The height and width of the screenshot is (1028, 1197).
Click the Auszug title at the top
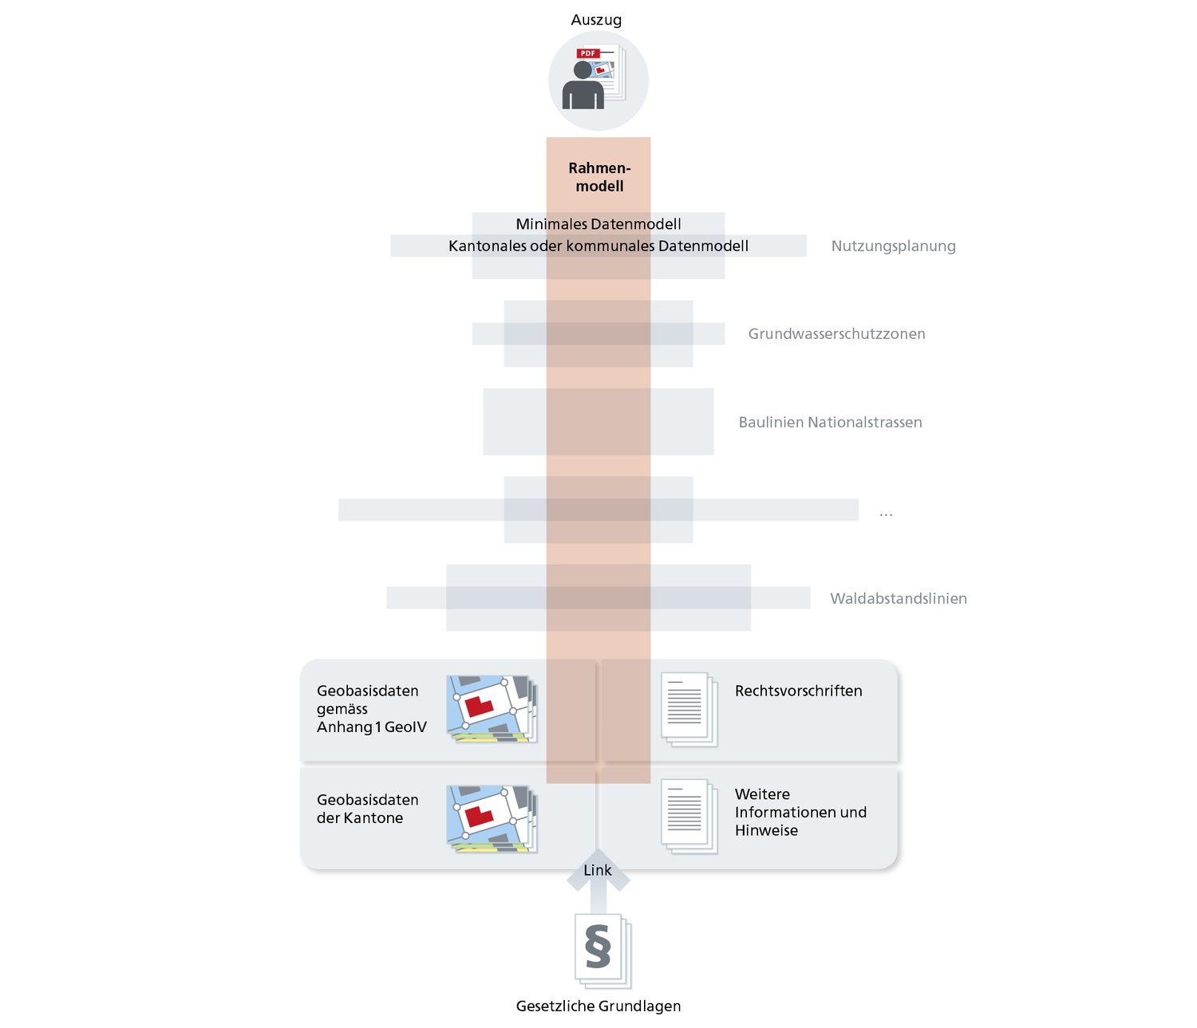596,20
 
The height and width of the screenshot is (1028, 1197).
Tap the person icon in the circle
583,86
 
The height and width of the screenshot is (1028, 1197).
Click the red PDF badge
588,53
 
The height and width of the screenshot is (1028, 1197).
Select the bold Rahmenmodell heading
599,177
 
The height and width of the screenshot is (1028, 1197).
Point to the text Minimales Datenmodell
598,224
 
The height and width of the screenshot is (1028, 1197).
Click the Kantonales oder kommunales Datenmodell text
598,246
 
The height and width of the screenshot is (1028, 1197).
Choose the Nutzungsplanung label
893,246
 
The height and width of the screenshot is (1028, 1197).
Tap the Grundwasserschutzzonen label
836,334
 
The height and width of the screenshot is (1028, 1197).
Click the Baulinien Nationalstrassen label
830,423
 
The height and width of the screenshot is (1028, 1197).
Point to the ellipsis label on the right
886,513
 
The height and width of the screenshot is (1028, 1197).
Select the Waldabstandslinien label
898,598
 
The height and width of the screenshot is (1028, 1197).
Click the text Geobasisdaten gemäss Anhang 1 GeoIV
371,709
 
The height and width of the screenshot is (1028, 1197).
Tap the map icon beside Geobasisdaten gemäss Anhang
491,709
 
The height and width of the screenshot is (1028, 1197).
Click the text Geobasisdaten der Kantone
367,809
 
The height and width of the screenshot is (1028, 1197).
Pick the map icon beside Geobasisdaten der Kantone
491,818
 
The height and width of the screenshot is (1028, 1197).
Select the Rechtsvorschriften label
798,691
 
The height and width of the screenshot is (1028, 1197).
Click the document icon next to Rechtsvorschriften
689,709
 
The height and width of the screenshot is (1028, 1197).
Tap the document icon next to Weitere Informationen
689,816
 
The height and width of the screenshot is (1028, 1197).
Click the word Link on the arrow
598,870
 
